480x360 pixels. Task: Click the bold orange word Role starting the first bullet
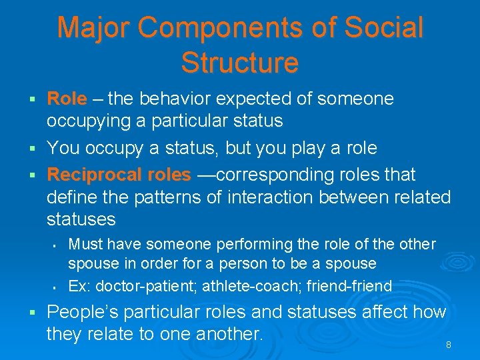(x=67, y=99)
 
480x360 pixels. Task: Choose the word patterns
(x=169, y=197)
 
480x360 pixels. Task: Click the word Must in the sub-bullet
(x=84, y=245)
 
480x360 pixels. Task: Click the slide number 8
(x=449, y=345)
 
